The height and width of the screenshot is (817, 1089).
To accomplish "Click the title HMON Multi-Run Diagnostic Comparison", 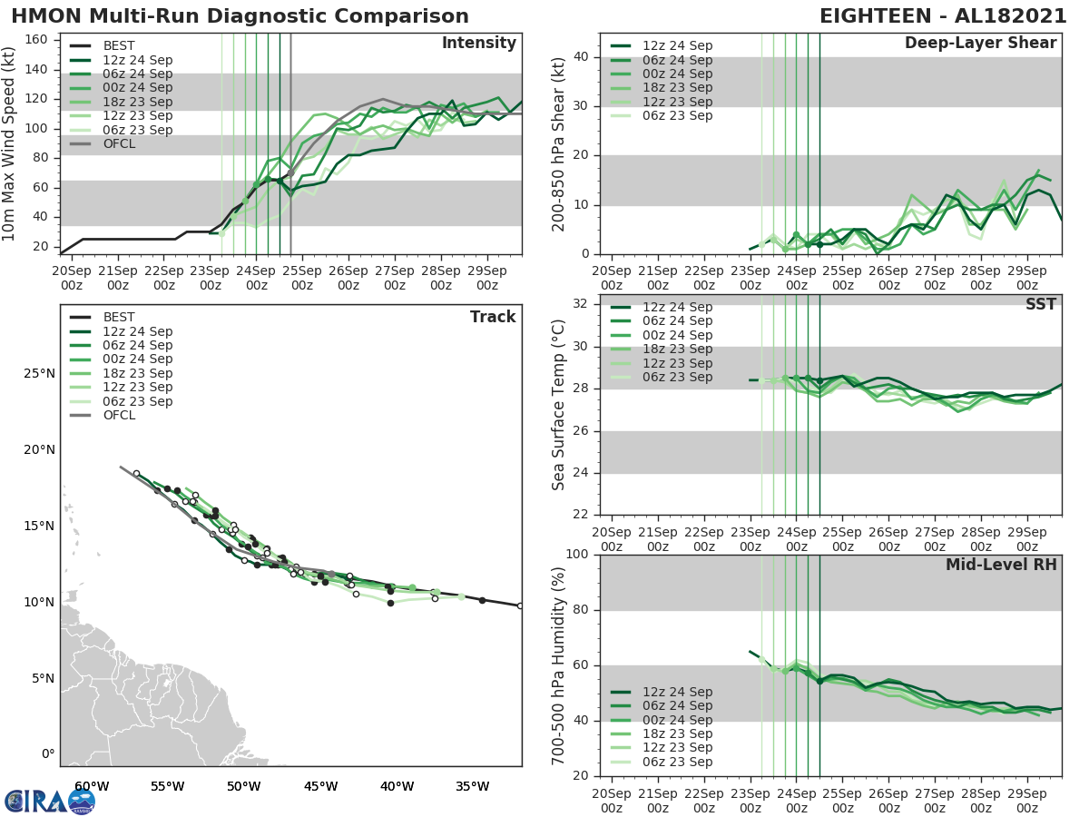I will click(x=240, y=16).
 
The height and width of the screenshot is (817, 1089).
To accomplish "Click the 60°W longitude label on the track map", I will click(x=92, y=786).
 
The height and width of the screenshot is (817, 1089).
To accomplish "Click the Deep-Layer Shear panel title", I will click(x=980, y=44).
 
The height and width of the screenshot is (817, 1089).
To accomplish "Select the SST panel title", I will click(x=1040, y=304).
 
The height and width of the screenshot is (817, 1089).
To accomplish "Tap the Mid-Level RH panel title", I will click(x=1001, y=565).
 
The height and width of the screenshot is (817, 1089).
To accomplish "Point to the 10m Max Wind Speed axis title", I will click(x=9, y=145).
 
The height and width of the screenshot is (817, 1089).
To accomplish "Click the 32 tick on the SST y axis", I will click(x=582, y=303).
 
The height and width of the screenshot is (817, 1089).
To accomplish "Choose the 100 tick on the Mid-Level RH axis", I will click(x=578, y=555).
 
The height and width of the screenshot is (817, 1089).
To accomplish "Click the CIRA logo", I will click(x=49, y=801).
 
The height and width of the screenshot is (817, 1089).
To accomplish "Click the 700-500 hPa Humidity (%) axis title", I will click(x=559, y=665).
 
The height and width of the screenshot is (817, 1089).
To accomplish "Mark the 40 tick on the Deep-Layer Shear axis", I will click(x=582, y=56).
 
